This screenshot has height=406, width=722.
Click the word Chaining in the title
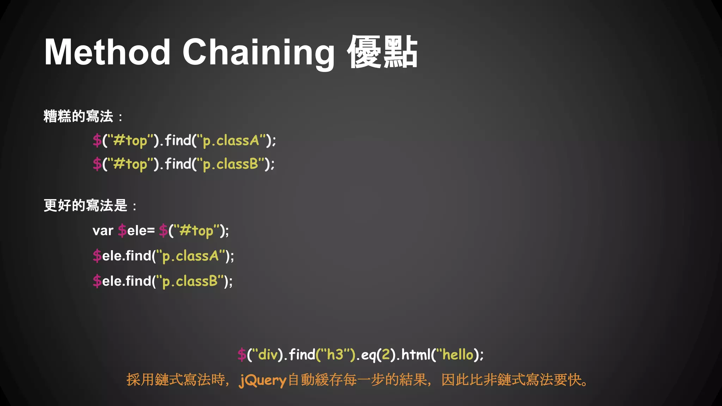(258, 53)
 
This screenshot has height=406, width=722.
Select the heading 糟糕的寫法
(78, 116)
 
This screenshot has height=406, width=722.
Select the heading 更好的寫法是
(85, 205)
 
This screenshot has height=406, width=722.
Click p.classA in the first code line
(231, 141)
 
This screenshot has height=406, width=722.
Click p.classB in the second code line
(231, 164)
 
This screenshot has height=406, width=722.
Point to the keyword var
(103, 231)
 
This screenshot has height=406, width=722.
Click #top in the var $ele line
(196, 231)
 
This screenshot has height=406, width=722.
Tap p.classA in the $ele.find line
(190, 256)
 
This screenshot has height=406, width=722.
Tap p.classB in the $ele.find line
(190, 282)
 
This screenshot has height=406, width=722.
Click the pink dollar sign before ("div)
(241, 355)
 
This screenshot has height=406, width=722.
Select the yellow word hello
(458, 355)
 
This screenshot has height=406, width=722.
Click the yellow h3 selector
(335, 355)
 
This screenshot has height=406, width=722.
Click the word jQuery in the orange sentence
(263, 380)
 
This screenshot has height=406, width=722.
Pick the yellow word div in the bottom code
(268, 355)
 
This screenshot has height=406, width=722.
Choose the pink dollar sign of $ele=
(122, 231)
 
